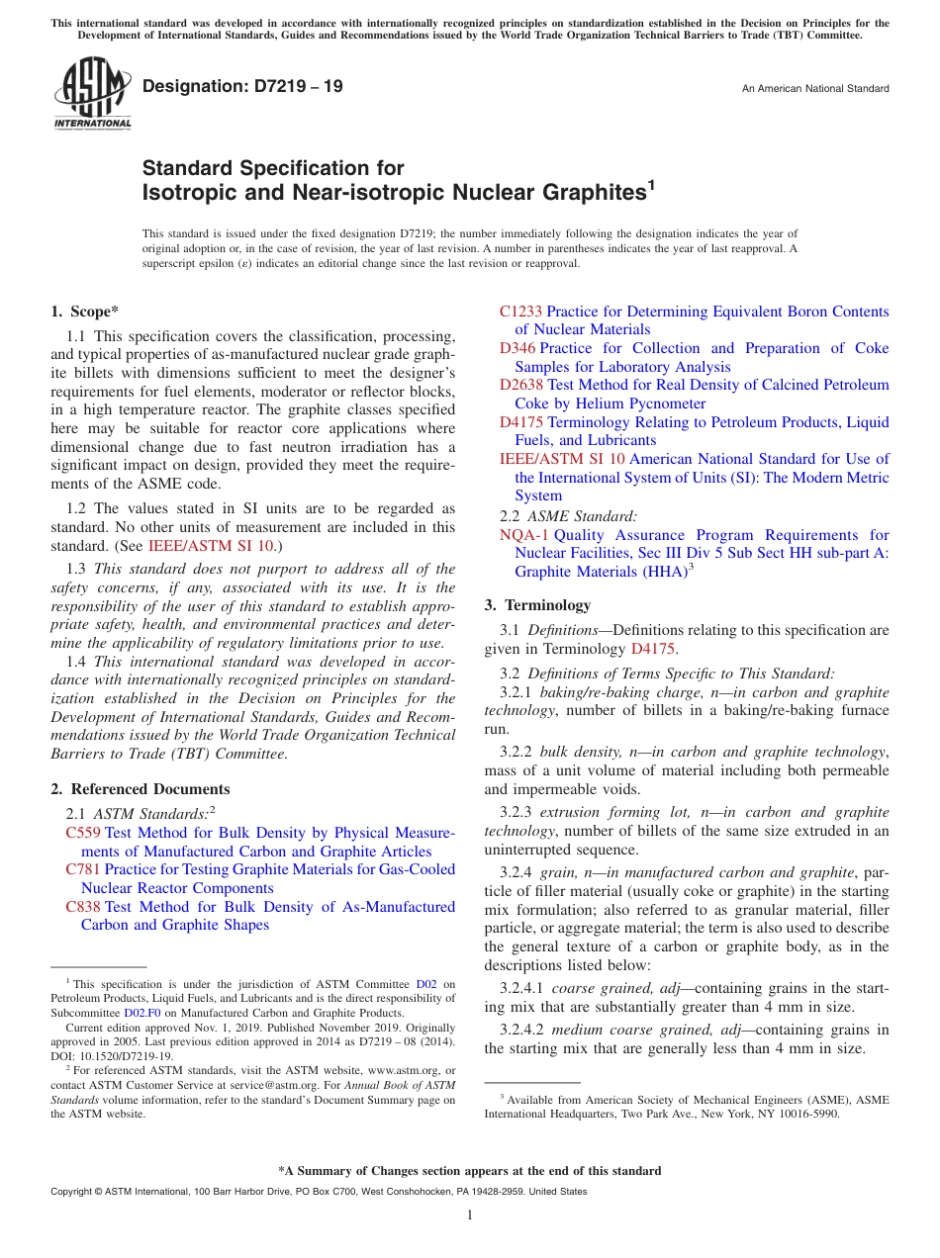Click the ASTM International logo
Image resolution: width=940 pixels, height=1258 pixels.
(x=92, y=93)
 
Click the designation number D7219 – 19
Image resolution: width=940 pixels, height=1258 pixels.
(x=242, y=86)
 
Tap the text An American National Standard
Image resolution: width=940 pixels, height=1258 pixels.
(x=815, y=89)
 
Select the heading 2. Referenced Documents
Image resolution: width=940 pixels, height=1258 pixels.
(x=141, y=789)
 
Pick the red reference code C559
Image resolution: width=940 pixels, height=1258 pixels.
(x=82, y=833)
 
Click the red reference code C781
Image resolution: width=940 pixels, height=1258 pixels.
(x=82, y=869)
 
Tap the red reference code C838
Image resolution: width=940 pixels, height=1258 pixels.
(x=82, y=906)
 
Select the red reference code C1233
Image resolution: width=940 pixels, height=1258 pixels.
(x=520, y=312)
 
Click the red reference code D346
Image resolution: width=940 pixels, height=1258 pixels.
(x=517, y=348)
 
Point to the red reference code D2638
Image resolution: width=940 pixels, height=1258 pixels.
(x=520, y=385)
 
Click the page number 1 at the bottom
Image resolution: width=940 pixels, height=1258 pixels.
(x=470, y=1215)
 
